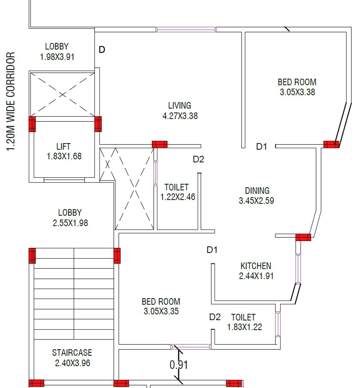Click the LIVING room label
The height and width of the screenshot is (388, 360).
180,106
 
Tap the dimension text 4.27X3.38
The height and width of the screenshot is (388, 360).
180,116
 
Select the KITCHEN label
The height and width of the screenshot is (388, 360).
256,266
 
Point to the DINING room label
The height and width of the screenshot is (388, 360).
257,191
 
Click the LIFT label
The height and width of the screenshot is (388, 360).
63,147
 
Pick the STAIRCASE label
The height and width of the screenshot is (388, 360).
72,352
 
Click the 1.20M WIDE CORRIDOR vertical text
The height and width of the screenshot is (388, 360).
11,102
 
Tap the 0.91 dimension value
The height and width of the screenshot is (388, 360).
179,365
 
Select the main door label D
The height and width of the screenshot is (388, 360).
102,50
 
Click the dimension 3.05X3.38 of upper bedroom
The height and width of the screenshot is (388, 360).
297,92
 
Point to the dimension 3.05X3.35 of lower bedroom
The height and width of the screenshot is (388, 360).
161,311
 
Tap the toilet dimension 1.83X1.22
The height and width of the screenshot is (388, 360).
244,327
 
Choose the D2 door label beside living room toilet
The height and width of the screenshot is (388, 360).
198,159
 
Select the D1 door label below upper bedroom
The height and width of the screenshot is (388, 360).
262,147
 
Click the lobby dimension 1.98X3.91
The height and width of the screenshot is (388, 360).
57,57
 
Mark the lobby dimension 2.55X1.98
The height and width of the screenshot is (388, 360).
70,223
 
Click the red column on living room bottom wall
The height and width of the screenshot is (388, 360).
159,144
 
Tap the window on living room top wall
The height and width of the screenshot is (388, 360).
186,30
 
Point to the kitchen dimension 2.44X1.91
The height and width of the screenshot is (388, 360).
256,276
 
